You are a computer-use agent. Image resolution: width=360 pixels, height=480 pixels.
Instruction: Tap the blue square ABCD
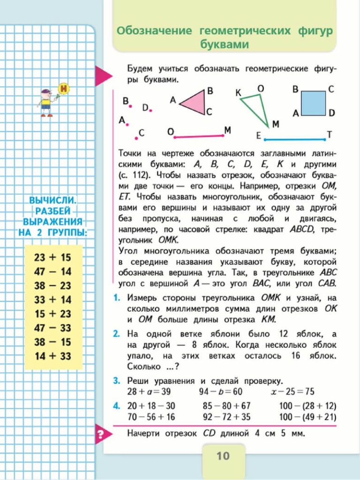coord(314,103)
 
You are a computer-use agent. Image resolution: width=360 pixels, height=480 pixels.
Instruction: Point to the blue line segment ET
coord(294,139)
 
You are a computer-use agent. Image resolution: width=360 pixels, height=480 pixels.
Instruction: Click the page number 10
coord(223,456)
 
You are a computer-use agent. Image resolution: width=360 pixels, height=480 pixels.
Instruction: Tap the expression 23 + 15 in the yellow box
coord(52,257)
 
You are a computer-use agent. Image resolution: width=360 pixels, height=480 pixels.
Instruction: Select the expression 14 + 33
coord(52,356)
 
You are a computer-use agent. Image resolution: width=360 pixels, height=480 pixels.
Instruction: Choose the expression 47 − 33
coord(52,328)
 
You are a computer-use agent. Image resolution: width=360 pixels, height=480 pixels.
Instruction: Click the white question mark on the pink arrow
coord(99,435)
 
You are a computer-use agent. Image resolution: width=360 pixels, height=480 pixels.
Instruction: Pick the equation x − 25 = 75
coord(293,391)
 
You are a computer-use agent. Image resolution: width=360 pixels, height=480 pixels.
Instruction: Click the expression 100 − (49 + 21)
coord(307,417)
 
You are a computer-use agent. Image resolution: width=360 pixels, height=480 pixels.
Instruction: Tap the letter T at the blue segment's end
coord(329,135)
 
